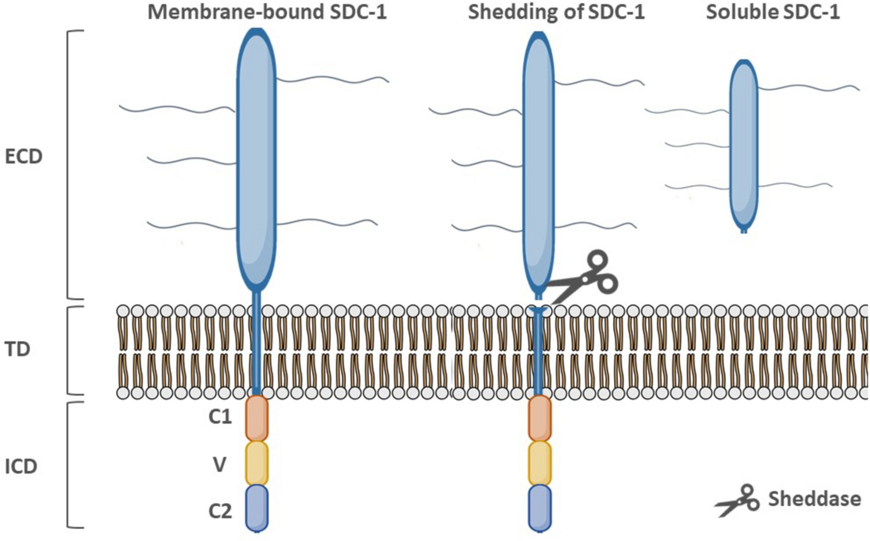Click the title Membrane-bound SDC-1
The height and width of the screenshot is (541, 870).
coord(267,12)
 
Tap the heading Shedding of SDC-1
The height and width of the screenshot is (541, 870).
coord(556,12)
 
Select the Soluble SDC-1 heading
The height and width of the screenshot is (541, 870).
coord(773,12)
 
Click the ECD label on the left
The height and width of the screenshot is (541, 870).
coord(23,157)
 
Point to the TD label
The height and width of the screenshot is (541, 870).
coord(17,349)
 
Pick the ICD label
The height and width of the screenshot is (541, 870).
coord(21,466)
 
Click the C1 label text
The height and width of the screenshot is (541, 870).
coord(220,417)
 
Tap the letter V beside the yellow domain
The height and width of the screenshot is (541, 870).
coord(219,464)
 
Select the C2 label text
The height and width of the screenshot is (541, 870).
coord(220,511)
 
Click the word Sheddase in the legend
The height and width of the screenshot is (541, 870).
coord(814,499)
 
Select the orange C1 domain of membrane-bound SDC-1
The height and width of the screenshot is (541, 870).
coord(257,418)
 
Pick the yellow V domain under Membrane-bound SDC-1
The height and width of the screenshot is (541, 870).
coord(257,463)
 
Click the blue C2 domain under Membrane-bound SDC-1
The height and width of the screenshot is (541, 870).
coord(257,508)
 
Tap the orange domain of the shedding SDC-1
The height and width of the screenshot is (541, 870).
coord(540,418)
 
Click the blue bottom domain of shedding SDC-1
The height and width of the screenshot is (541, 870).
coord(540,508)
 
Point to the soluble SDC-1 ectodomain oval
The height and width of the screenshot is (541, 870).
coord(744,145)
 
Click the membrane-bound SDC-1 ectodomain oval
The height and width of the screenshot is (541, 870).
coord(256,157)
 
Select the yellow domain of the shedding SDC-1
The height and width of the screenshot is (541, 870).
coord(540,463)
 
